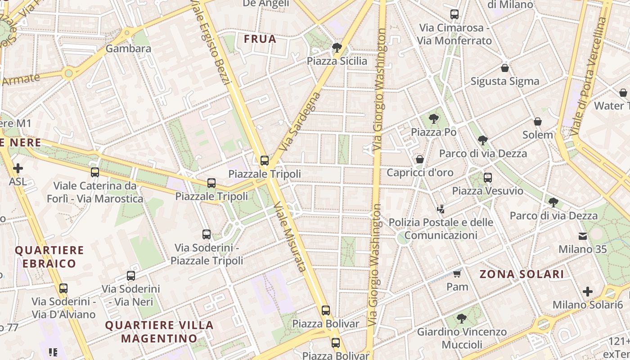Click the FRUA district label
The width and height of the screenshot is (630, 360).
pyautogui.click(x=260, y=39)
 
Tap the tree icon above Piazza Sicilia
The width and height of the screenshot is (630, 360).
pyautogui.click(x=336, y=48)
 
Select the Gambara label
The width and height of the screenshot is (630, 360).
pyautogui.click(x=129, y=48)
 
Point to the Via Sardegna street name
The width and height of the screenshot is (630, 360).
pyautogui.click(x=300, y=121)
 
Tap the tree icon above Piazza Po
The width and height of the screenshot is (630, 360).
pyautogui.click(x=433, y=119)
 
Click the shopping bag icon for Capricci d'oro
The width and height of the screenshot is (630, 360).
pyautogui.click(x=420, y=159)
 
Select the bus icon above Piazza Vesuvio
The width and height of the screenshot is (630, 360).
pyautogui.click(x=488, y=177)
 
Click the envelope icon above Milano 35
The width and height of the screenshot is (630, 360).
pyautogui.click(x=583, y=236)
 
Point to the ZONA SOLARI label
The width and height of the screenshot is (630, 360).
pyautogui.click(x=522, y=274)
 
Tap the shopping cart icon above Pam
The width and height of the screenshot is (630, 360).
pyautogui.click(x=457, y=274)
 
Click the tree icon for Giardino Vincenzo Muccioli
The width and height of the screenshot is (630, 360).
pyautogui.click(x=461, y=319)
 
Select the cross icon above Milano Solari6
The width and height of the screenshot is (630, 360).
pyautogui.click(x=588, y=292)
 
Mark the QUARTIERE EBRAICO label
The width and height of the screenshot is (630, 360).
pyautogui.click(x=49, y=256)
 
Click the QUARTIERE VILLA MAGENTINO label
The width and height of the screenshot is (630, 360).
pyautogui.click(x=159, y=331)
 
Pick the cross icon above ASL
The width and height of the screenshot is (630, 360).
pyautogui.click(x=18, y=169)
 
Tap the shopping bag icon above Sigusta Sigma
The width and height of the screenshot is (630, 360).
pyautogui.click(x=505, y=68)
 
